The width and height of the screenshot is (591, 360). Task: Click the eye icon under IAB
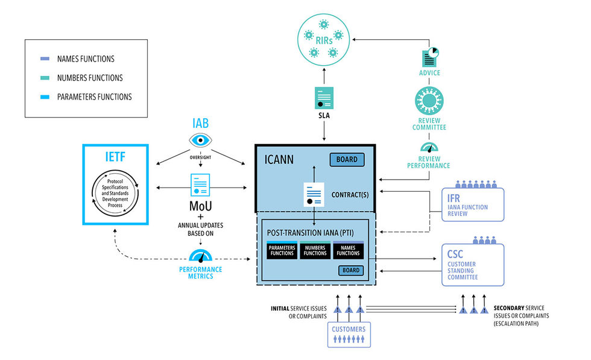(200, 141)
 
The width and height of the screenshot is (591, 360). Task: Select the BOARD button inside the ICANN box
(347, 160)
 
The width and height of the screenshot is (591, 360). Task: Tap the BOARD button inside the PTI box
(350, 270)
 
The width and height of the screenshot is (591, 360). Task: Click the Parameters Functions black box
(281, 250)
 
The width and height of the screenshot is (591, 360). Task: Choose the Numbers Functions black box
(315, 250)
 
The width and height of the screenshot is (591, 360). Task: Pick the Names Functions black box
(349, 250)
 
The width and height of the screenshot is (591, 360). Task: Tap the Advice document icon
(429, 58)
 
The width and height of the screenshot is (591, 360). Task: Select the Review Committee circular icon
(429, 101)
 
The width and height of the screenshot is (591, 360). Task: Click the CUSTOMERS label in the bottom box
(349, 329)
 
